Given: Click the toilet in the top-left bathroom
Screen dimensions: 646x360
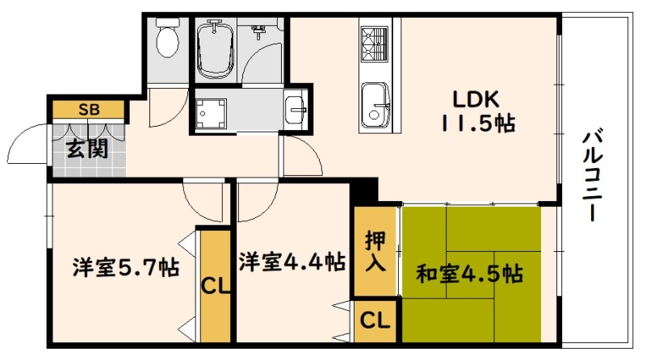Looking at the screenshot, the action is pyautogui.click(x=167, y=38).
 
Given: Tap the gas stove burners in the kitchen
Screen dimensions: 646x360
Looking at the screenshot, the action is pyautogui.click(x=374, y=44).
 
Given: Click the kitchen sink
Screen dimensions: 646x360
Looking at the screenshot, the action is pyautogui.click(x=375, y=106).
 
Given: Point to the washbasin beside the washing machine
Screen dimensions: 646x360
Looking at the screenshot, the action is pyautogui.click(x=295, y=109).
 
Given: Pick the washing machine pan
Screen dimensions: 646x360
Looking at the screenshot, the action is pyautogui.click(x=211, y=113).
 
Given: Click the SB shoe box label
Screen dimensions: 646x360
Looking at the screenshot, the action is pyautogui.click(x=90, y=110).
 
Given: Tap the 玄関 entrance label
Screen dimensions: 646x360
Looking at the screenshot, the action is pyautogui.click(x=87, y=149).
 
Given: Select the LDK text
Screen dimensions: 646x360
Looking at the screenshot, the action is pyautogui.click(x=476, y=99).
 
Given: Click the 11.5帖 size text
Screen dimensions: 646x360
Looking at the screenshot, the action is pyautogui.click(x=478, y=123).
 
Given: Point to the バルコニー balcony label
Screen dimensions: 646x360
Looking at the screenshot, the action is pyautogui.click(x=592, y=175).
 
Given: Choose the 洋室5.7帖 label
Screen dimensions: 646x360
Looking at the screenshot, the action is pyautogui.click(x=126, y=267).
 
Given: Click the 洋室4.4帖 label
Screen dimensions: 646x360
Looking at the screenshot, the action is pyautogui.click(x=292, y=262).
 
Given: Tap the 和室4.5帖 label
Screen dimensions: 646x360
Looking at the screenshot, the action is pyautogui.click(x=470, y=274).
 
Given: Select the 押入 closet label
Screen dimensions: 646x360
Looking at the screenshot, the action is pyautogui.click(x=375, y=251).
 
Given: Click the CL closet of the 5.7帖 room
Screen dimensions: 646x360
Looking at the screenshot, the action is pyautogui.click(x=215, y=286).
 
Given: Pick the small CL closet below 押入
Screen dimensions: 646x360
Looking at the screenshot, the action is pyautogui.click(x=375, y=320).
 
